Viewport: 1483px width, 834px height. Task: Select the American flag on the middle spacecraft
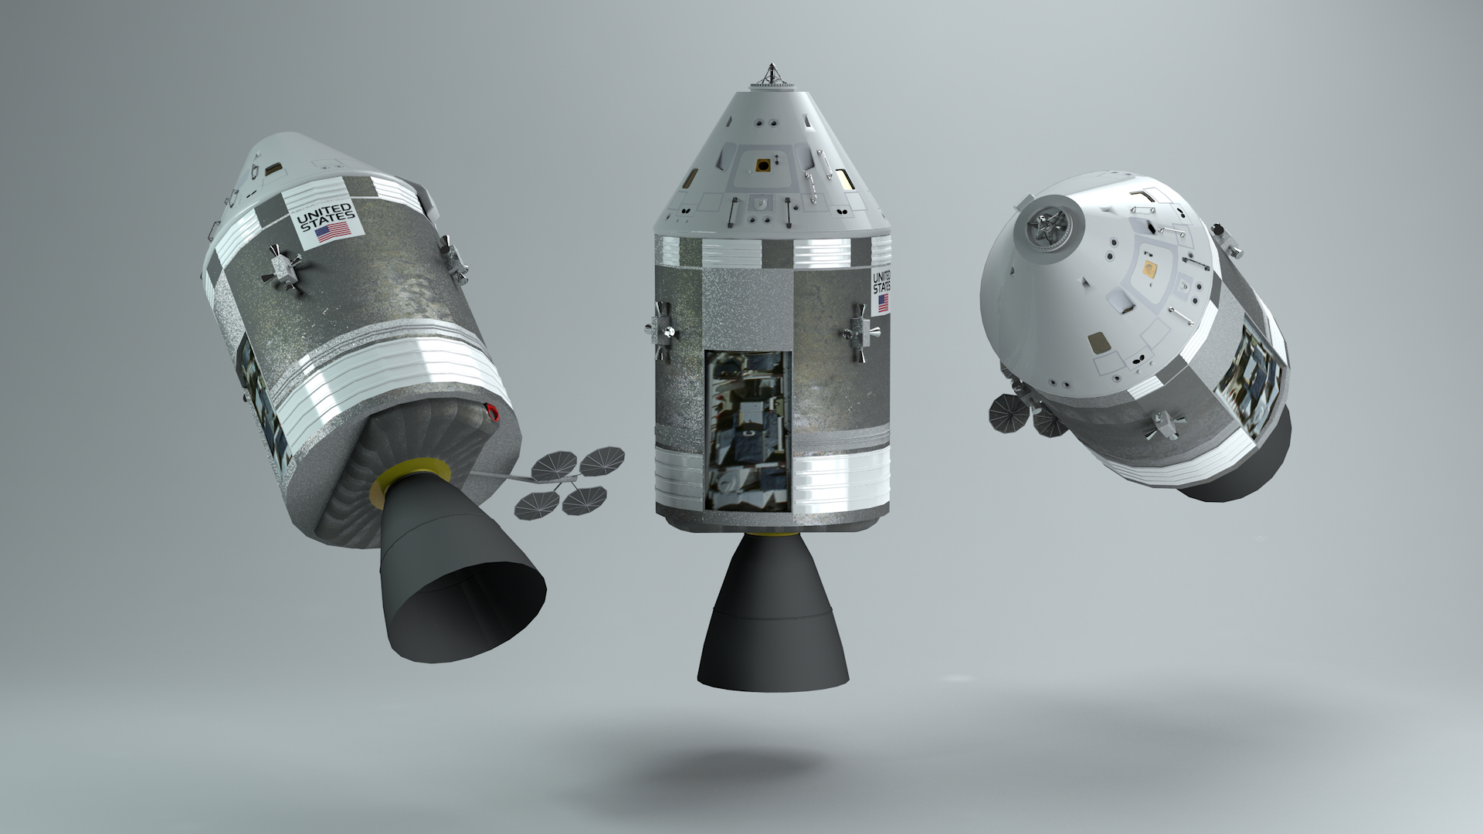[882, 303]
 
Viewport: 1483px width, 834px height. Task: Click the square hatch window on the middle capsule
[763, 164]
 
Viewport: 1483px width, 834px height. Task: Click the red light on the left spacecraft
[494, 414]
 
